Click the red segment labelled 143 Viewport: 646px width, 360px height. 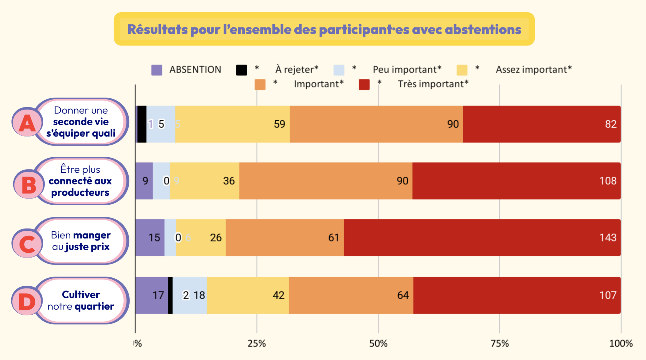click(482, 237)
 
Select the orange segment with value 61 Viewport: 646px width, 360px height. click(285, 237)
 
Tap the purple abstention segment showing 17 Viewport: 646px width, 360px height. click(151, 295)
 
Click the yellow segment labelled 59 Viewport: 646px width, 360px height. click(232, 124)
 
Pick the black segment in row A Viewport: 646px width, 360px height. click(142, 124)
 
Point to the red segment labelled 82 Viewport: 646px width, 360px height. click(542, 124)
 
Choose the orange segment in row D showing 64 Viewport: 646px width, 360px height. click(351, 295)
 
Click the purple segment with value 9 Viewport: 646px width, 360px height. click(144, 181)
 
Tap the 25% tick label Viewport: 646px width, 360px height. click(256, 343)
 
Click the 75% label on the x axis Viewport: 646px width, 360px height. click(500, 343)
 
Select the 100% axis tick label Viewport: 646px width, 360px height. click(621, 343)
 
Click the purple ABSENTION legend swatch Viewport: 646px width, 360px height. click(157, 70)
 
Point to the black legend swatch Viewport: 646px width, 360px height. click(241, 70)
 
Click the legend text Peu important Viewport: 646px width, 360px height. click(407, 70)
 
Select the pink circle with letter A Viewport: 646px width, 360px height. click(27, 122)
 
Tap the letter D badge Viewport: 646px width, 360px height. click(27, 301)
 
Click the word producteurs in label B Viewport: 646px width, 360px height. click(80, 193)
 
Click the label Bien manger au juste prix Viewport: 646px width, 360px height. click(81, 241)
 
